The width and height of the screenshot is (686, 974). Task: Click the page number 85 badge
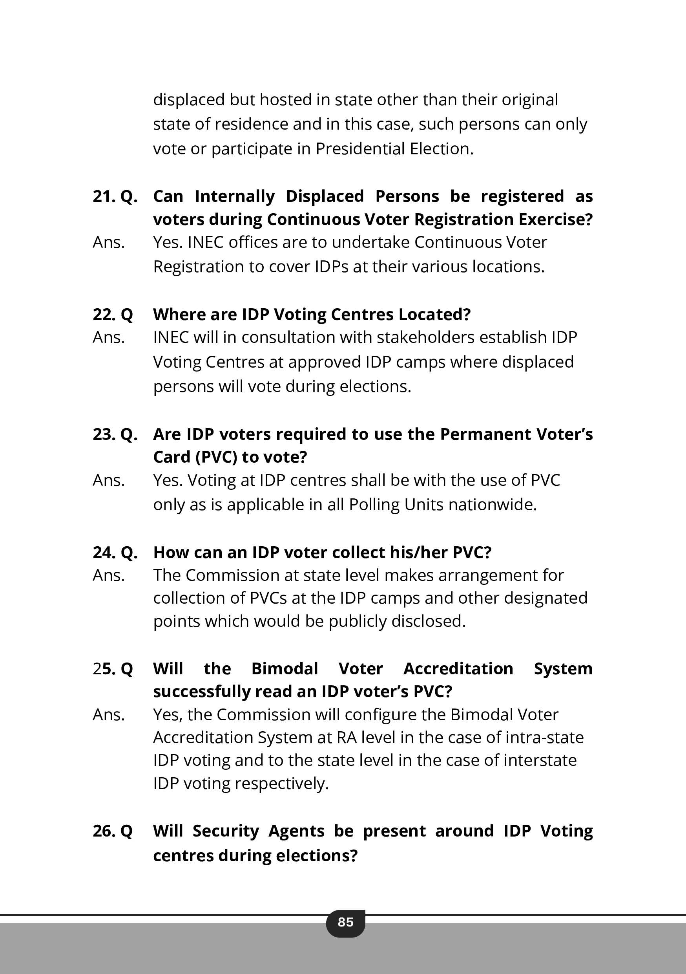[345, 922]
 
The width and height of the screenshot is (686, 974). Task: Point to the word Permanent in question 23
[485, 434]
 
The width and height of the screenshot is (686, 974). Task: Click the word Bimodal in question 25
[285, 669]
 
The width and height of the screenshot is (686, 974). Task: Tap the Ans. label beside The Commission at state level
[109, 576]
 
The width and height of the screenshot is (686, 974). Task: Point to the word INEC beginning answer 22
[171, 337]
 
